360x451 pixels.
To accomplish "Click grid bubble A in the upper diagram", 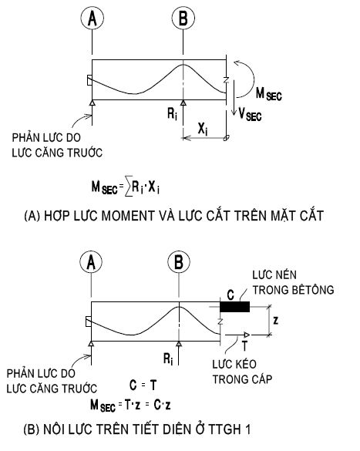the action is tap(92, 18).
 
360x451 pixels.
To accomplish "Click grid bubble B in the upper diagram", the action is tap(183, 18).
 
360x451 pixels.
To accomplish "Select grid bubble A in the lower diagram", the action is tap(91, 262).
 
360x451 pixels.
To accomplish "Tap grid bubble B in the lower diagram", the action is tap(179, 262).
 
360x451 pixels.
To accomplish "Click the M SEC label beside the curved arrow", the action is tap(269, 94).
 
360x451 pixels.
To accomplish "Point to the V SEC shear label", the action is tap(251, 114).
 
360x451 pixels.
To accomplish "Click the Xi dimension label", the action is tap(203, 128).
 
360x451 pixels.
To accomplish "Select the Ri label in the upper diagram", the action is tap(172, 113).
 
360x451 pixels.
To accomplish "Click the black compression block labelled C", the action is tap(234, 307).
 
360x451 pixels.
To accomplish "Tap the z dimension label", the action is tap(276, 320).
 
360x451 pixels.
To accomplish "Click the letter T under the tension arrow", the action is tap(244, 345).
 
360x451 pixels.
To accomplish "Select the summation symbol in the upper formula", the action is tap(129, 188).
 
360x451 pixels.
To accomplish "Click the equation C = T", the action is tap(143, 385).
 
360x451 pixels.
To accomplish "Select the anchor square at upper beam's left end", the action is tap(89, 80).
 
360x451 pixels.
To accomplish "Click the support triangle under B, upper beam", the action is tap(183, 103).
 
